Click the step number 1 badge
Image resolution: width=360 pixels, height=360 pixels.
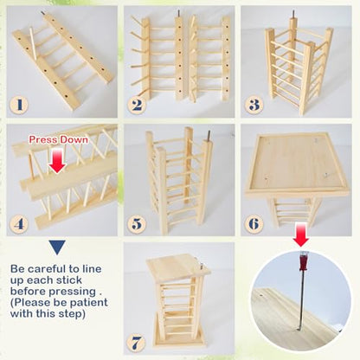pyautogui.click(x=19, y=105)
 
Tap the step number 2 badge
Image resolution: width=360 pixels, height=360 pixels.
pyautogui.click(x=137, y=105)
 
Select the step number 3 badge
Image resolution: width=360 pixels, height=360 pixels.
pyautogui.click(x=254, y=105)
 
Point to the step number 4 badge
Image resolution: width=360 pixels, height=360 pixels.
pyautogui.click(x=19, y=224)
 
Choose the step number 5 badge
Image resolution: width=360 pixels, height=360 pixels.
pyautogui.click(x=137, y=224)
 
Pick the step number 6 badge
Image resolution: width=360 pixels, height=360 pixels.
pyautogui.click(x=254, y=224)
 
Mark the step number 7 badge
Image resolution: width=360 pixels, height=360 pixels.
pyautogui.click(x=136, y=343)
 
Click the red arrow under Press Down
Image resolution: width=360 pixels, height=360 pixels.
pyautogui.click(x=57, y=161)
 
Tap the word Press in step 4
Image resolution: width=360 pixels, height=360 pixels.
pyautogui.click(x=42, y=140)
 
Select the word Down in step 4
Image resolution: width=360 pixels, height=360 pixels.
pyautogui.click(x=74, y=140)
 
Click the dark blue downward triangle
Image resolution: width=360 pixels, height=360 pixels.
pyautogui.click(x=57, y=247)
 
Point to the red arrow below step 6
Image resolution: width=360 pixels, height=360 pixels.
pyautogui.click(x=301, y=235)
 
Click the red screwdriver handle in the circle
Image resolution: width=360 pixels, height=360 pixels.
pyautogui.click(x=303, y=260)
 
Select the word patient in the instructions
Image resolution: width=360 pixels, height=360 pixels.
pyautogui.click(x=89, y=303)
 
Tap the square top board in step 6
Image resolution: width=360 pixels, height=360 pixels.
pyautogui.click(x=297, y=164)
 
